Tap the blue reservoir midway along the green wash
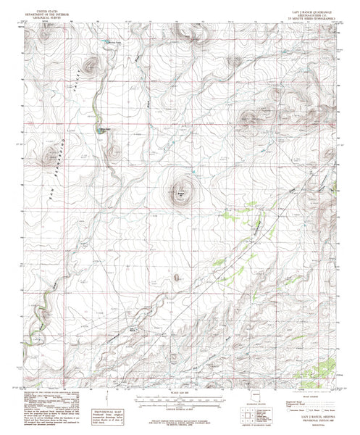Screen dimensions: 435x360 coord(104,130)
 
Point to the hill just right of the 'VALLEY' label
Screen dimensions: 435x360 coord(91,67)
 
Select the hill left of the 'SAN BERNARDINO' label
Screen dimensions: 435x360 coord(51,157)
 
